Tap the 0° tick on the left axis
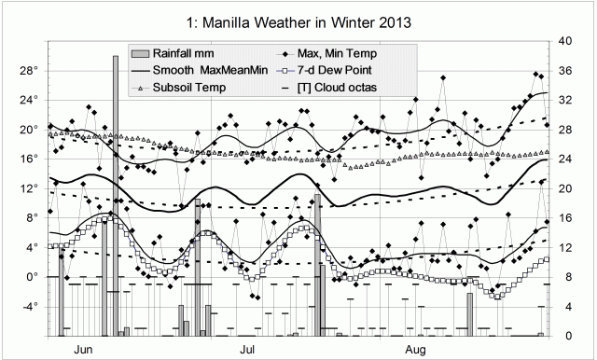[28, 277]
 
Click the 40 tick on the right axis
[566, 41]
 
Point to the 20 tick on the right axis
[566, 188]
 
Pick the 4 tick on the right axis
[564, 306]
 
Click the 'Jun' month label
[83, 350]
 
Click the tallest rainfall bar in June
[115, 196]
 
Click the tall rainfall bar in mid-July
[318, 266]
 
